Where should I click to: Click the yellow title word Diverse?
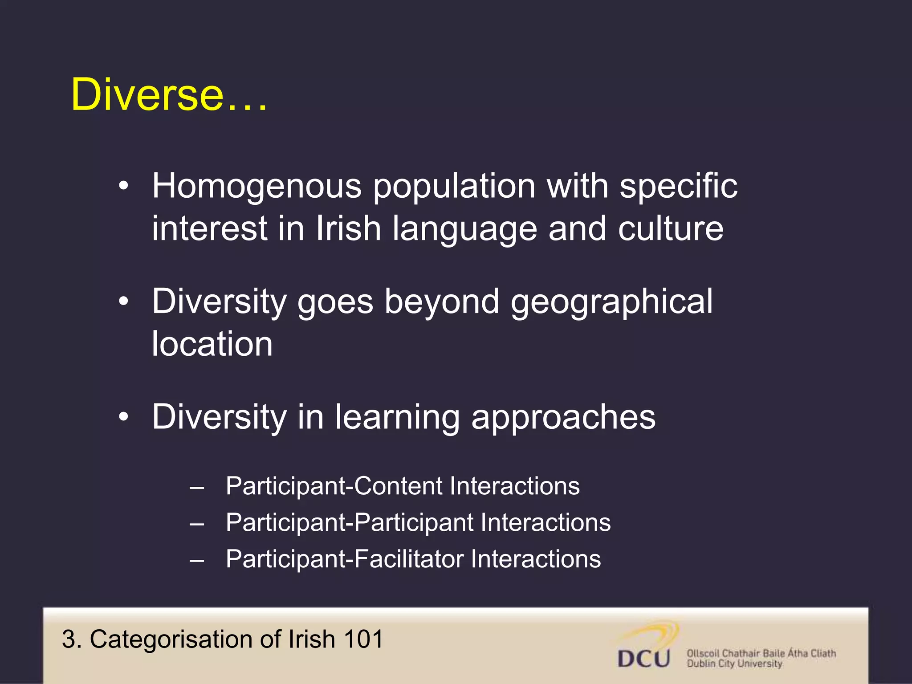pos(147,94)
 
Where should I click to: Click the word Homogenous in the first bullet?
pos(257,186)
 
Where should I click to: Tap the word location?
pos(212,344)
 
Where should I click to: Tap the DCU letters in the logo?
pos(644,658)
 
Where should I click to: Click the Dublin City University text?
pos(734,664)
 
